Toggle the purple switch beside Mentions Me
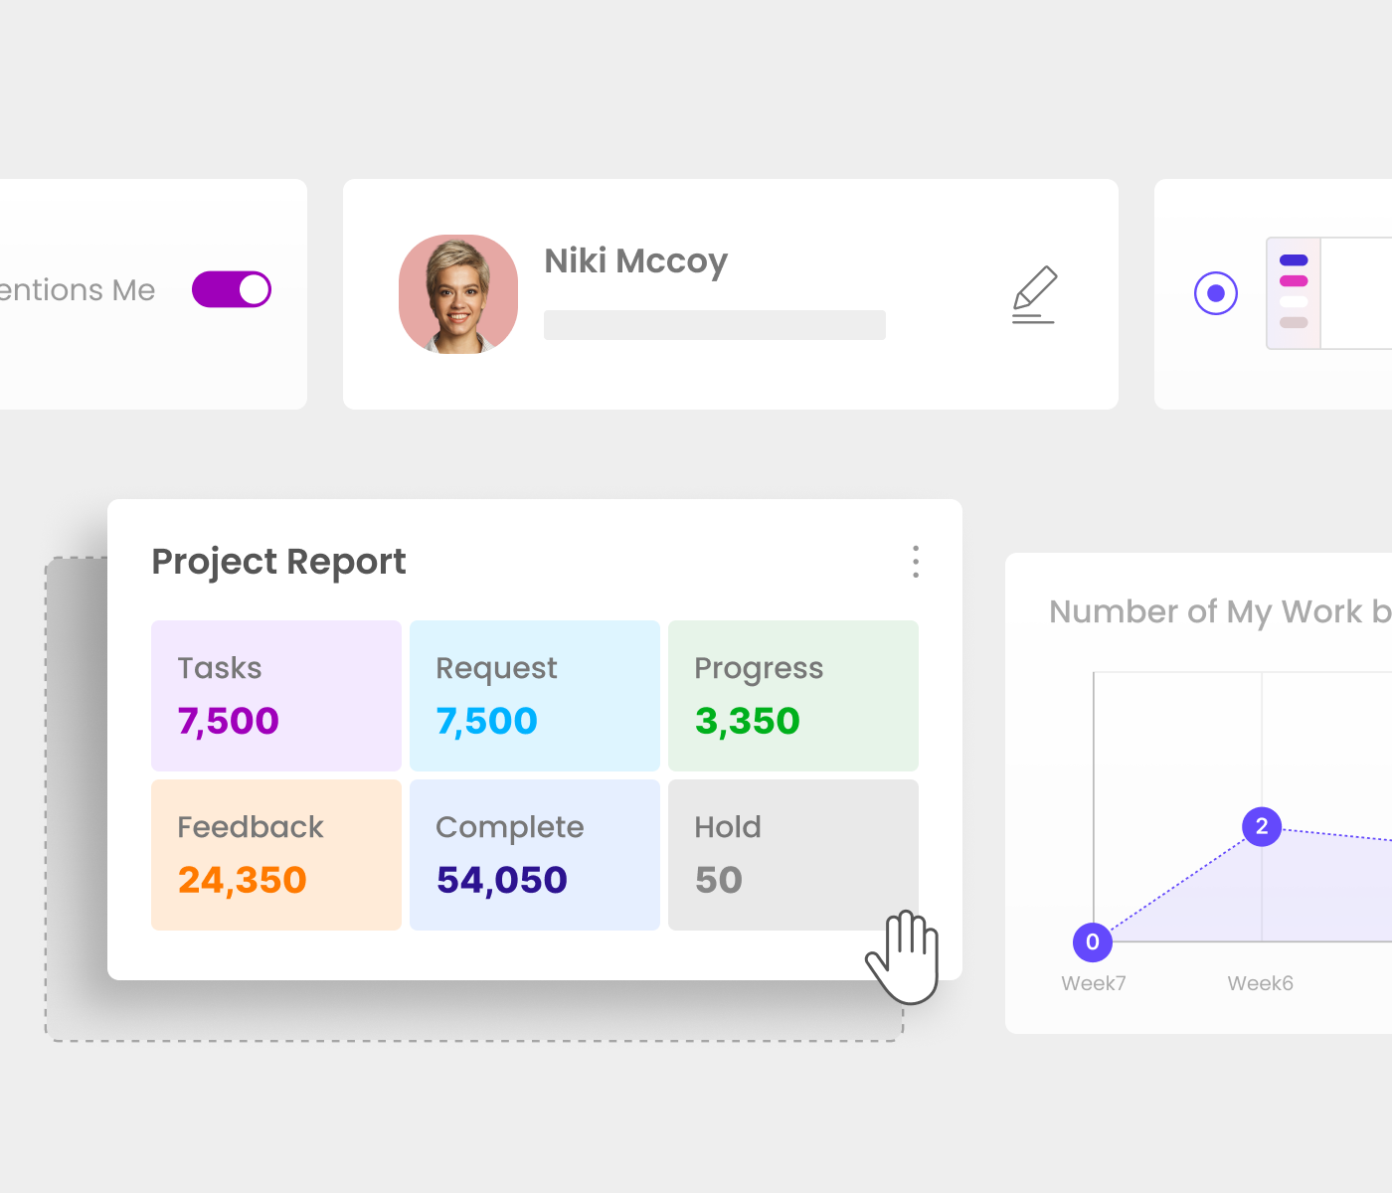pos(232,289)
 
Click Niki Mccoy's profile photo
pos(458,294)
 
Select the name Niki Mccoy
pos(635,260)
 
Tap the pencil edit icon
pos(1034,294)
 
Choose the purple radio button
pos(1215,293)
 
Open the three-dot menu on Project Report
pos(916,562)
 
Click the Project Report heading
pos(278,562)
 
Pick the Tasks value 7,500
pos(228,721)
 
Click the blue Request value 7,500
pos(486,721)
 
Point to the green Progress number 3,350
pos(747,721)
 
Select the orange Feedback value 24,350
pos(242,880)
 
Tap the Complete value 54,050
pos(501,880)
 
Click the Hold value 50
pos(718,880)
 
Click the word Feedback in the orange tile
pos(251,827)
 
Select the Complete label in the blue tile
pos(509,827)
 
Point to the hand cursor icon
pos(905,956)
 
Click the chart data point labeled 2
pos(1262,826)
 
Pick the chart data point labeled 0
pos(1093,941)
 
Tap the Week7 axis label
pos(1093,983)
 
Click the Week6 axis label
pos(1260,983)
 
